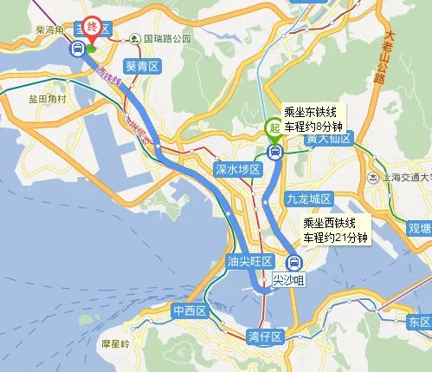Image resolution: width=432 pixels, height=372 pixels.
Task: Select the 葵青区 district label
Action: [143, 66]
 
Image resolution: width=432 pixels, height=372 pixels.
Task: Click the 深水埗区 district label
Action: [237, 170]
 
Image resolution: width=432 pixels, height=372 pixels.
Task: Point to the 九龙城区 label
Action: [309, 199]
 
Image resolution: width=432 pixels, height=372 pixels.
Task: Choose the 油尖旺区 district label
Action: [249, 261]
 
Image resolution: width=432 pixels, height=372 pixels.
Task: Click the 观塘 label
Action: [420, 228]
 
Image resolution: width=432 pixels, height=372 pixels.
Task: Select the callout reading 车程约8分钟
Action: [314, 119]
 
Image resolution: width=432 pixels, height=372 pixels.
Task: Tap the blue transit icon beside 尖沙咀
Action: [293, 262]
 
